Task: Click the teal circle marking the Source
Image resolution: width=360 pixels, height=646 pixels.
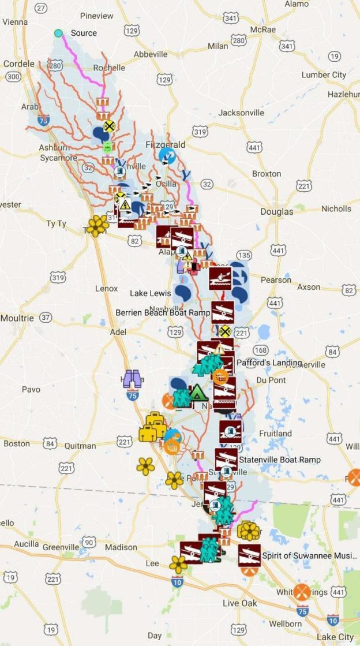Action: [58, 33]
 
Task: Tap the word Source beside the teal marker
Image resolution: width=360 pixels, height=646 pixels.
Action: [84, 33]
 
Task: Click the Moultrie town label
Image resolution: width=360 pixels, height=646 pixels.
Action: [17, 318]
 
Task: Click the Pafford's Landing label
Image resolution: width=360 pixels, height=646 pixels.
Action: [269, 363]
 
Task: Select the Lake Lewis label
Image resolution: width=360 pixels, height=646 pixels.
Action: [150, 293]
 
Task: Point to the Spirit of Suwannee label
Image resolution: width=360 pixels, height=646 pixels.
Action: [307, 555]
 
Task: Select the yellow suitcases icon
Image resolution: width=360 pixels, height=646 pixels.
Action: [153, 427]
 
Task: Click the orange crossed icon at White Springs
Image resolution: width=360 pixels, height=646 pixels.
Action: [302, 592]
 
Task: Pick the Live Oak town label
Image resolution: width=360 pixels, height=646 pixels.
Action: [239, 603]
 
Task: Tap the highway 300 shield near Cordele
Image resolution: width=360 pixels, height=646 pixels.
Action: [13, 76]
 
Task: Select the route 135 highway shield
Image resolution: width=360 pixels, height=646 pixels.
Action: [244, 255]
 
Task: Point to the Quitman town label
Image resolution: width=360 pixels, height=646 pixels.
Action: [80, 446]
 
